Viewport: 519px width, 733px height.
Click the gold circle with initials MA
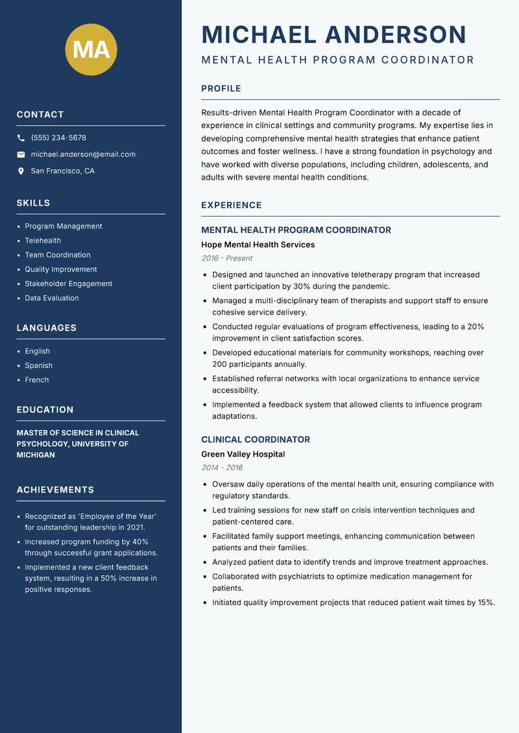point(91,49)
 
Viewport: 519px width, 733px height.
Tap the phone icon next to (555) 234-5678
point(21,138)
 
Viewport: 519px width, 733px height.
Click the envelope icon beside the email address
point(21,154)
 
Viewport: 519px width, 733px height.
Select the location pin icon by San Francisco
point(21,171)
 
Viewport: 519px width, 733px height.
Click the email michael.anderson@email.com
point(83,154)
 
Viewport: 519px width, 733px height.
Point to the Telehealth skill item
point(43,241)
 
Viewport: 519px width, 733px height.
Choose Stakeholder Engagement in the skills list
point(68,283)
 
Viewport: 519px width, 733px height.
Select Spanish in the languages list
point(38,365)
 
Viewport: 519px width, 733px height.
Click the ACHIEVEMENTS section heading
point(55,490)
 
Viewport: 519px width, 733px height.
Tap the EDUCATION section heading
point(45,410)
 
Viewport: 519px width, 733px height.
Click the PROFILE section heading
point(221,89)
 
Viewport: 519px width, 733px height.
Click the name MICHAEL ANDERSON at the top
point(333,34)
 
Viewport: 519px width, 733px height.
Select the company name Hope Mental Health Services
point(258,245)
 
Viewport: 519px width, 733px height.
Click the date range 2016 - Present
point(226,258)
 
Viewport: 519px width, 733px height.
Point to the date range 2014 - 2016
point(222,468)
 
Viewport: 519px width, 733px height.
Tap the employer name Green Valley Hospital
point(243,454)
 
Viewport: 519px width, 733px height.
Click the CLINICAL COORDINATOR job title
point(255,439)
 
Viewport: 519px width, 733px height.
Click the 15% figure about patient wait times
point(486,603)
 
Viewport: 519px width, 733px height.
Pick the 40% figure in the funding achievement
point(140,542)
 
